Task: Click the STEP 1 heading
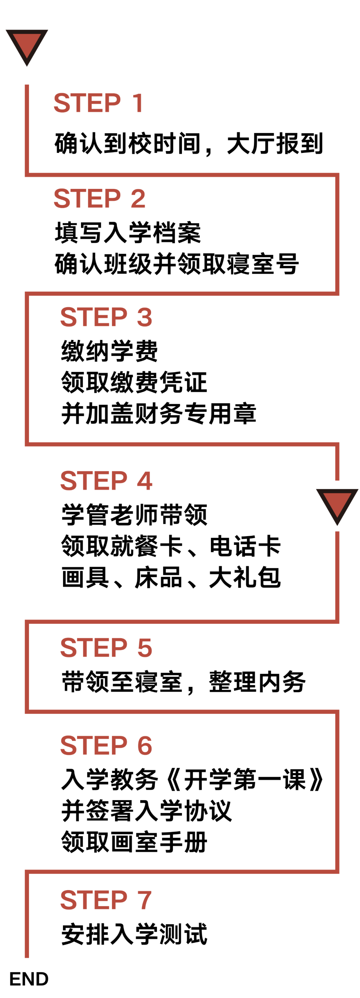click(98, 103)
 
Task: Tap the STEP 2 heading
click(99, 198)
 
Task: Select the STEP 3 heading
click(106, 317)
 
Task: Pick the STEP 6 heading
click(106, 745)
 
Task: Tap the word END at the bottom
click(29, 979)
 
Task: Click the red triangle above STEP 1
click(27, 45)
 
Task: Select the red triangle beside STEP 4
click(337, 503)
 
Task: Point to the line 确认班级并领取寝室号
click(177, 264)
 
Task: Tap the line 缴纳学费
click(109, 351)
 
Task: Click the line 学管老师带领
click(134, 514)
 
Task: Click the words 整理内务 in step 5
click(257, 682)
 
